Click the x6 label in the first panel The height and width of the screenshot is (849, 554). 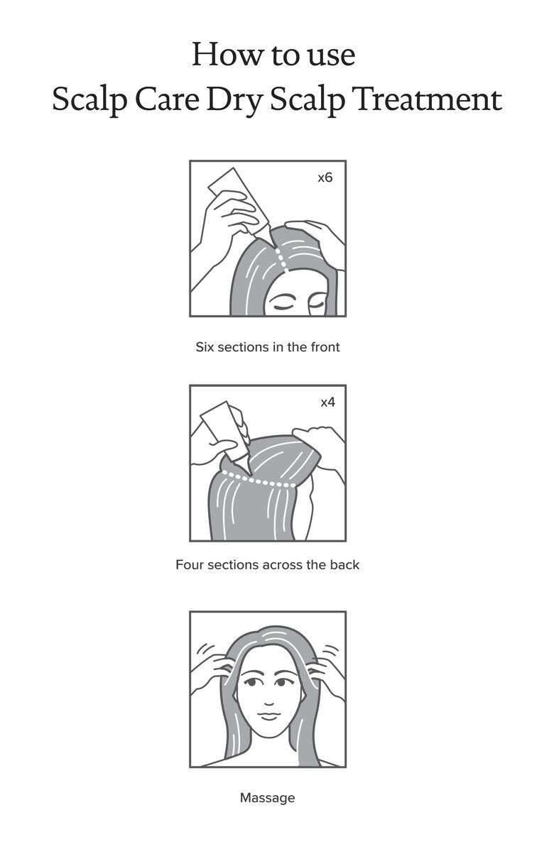(x=325, y=177)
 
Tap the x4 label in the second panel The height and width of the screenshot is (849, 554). (x=327, y=402)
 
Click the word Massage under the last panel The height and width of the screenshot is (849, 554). (x=267, y=798)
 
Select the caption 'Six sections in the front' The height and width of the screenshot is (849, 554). (x=268, y=347)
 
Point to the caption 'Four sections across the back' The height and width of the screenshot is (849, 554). (x=267, y=565)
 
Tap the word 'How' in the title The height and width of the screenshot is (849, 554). (x=221, y=55)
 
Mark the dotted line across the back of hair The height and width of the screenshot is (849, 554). (x=259, y=481)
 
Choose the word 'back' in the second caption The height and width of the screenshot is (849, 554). (x=346, y=565)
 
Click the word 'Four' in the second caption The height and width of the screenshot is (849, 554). (x=188, y=565)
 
